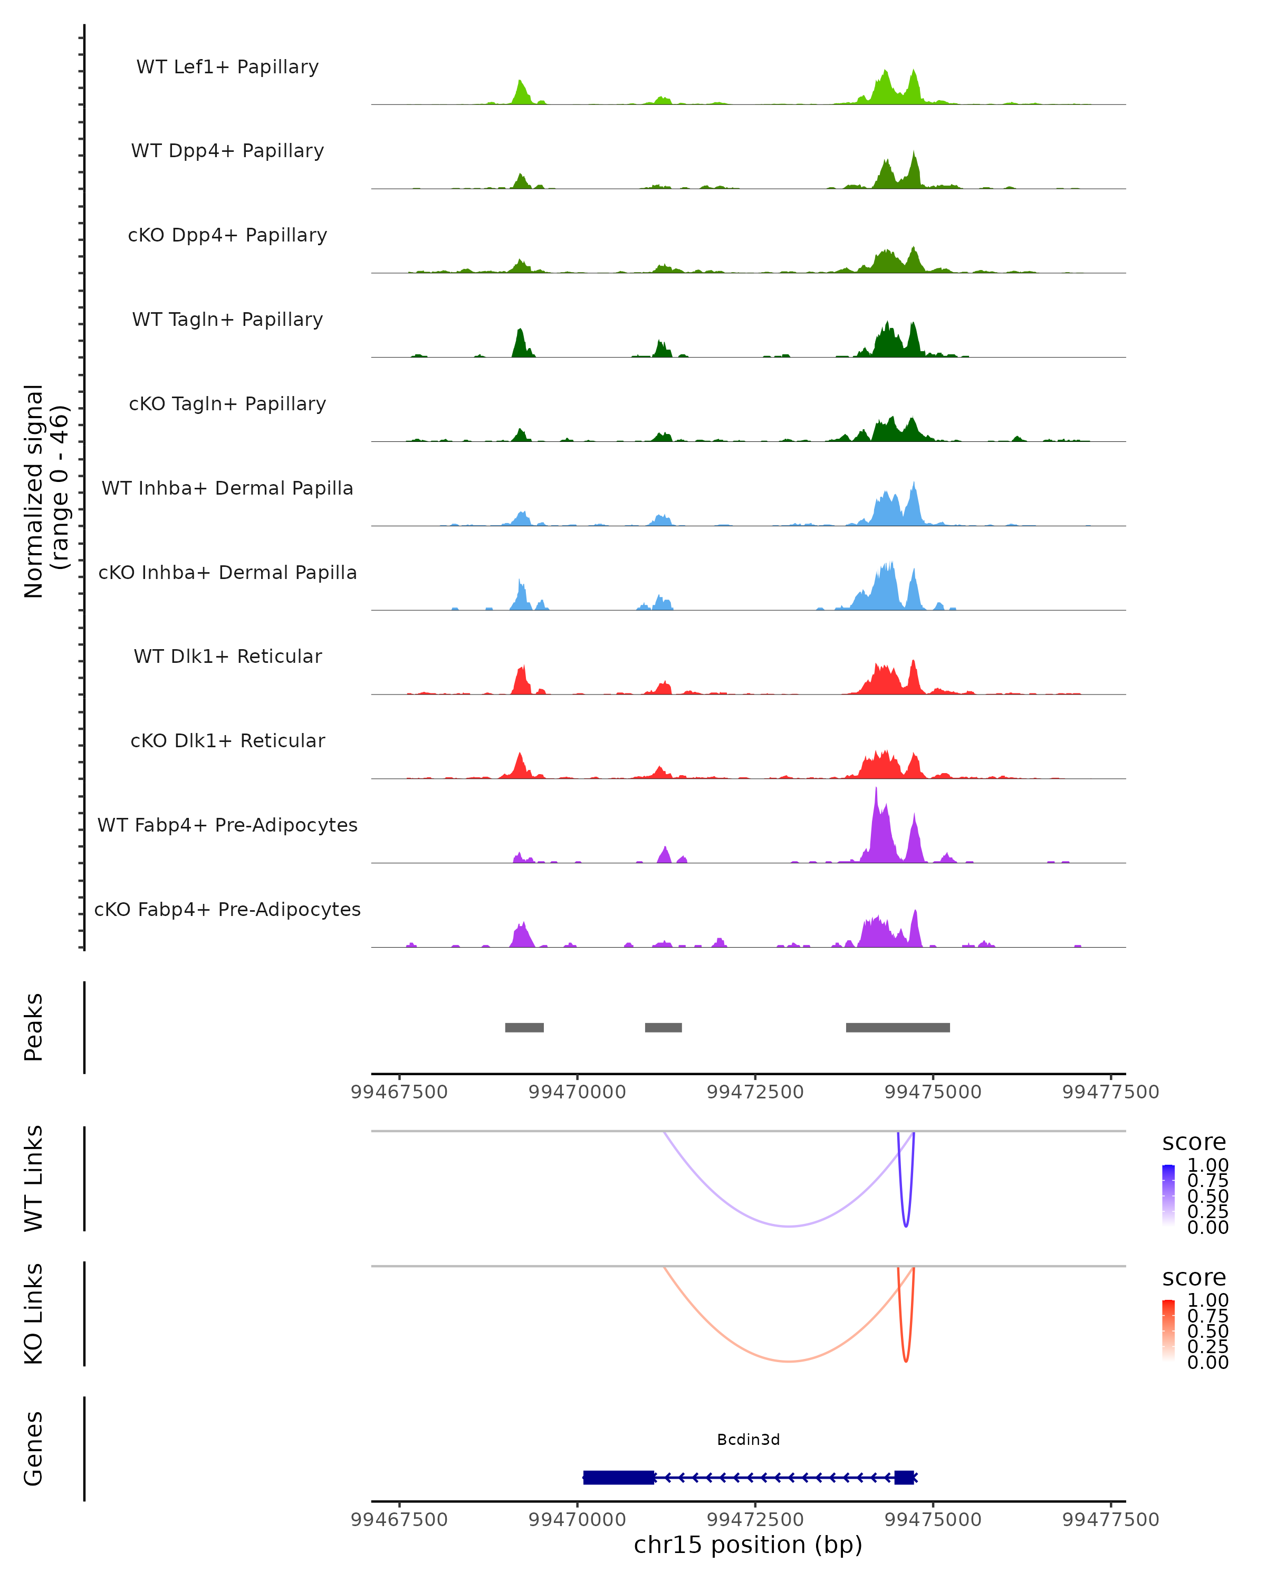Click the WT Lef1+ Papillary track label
click(x=227, y=67)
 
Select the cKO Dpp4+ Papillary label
click(x=227, y=236)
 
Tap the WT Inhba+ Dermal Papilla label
click(x=227, y=489)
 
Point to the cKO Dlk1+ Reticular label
click(x=227, y=741)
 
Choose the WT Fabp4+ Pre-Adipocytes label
click(x=227, y=825)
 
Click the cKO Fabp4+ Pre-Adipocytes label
click(x=227, y=910)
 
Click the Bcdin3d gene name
click(x=748, y=1440)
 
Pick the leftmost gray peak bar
click(x=524, y=1027)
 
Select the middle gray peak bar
click(x=663, y=1027)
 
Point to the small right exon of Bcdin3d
click(x=904, y=1477)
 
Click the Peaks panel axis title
click(x=34, y=1027)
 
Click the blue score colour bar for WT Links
click(x=1168, y=1196)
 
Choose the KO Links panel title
click(x=34, y=1314)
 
